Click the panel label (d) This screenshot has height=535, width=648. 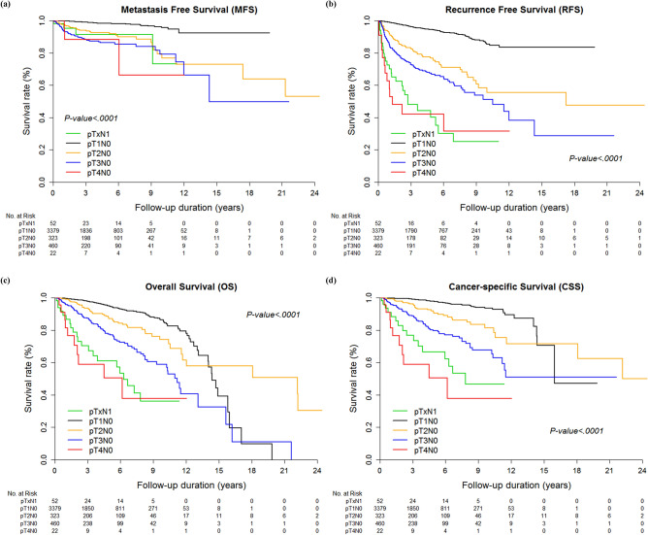[333, 280]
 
